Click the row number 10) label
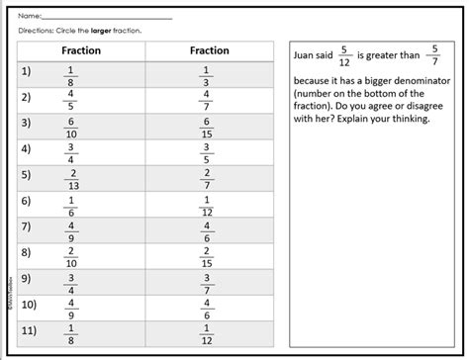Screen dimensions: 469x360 coord(30,306)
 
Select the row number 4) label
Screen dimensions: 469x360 coord(27,151)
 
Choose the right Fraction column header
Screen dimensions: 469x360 coord(209,50)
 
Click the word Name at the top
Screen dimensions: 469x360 coord(30,16)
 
